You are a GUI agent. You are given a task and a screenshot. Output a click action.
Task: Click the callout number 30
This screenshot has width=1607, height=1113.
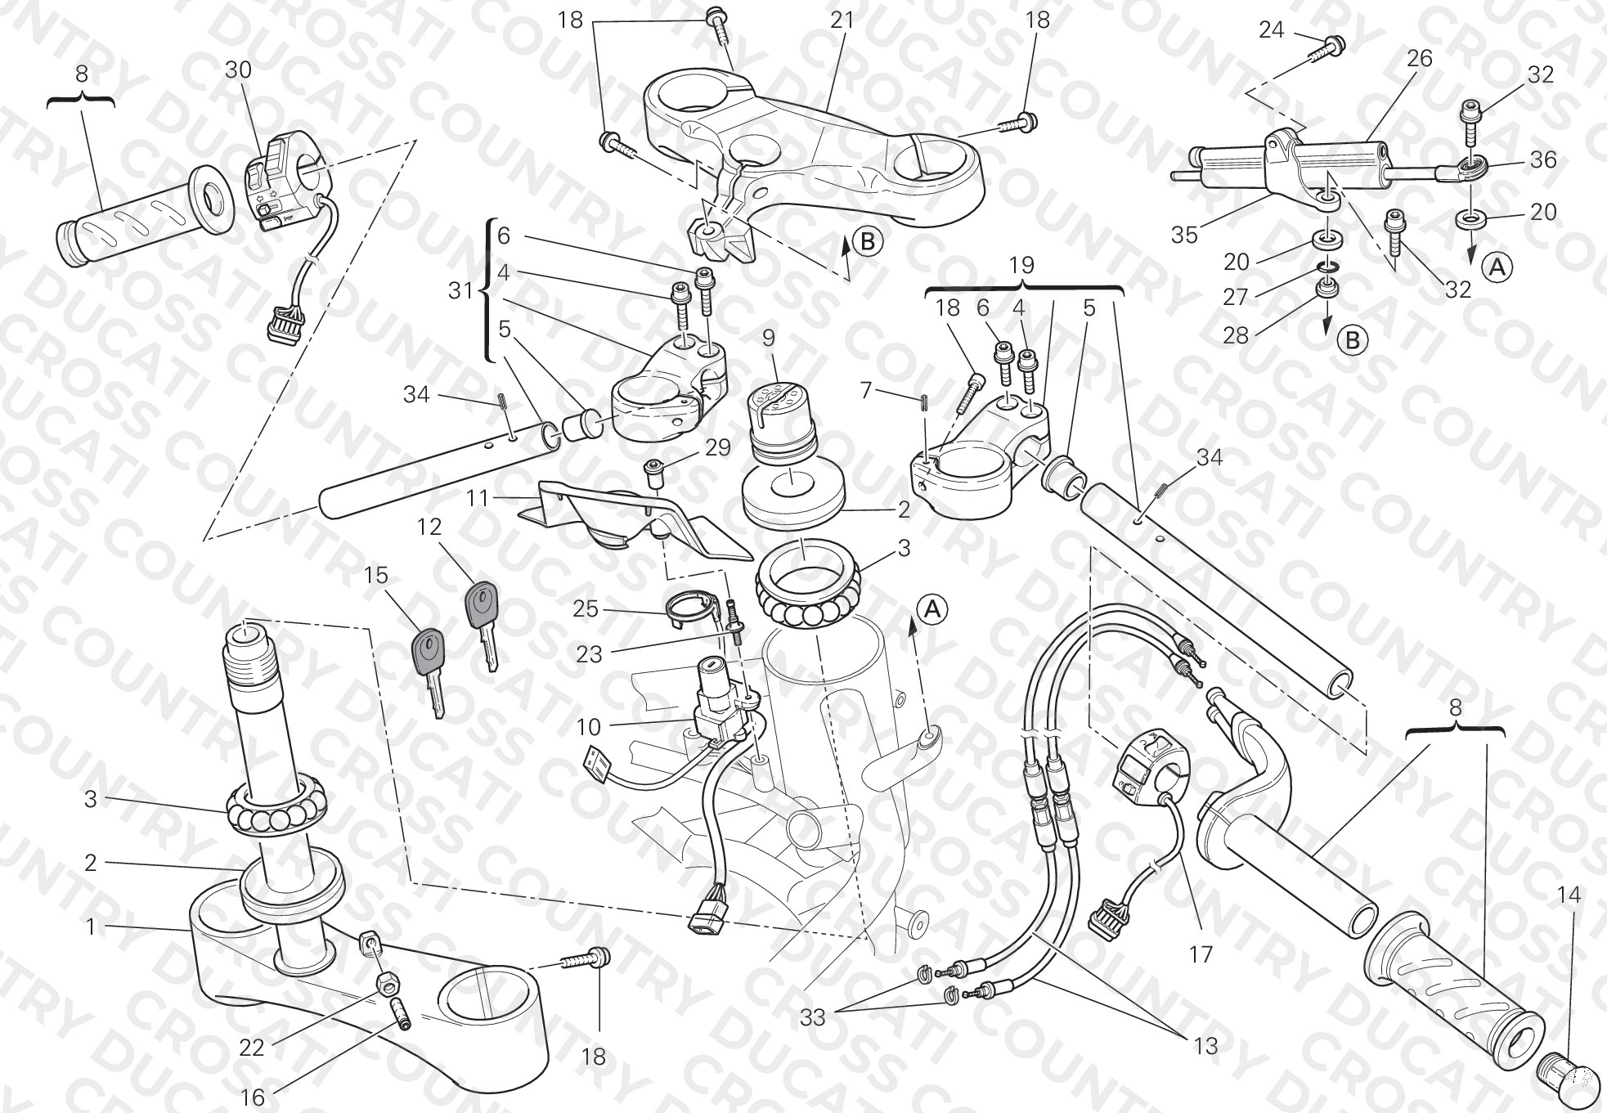pyautogui.click(x=238, y=70)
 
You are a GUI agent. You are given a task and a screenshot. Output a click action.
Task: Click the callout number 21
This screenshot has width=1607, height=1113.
pyautogui.click(x=842, y=20)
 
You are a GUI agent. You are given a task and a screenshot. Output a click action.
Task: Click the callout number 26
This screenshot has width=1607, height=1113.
pyautogui.click(x=1420, y=58)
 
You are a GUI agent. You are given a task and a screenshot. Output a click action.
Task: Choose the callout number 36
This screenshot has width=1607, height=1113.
pyautogui.click(x=1543, y=159)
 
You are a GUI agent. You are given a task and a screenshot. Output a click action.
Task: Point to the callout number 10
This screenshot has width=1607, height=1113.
pyautogui.click(x=588, y=726)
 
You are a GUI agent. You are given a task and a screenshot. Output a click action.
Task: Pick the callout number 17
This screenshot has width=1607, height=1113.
pyautogui.click(x=1201, y=954)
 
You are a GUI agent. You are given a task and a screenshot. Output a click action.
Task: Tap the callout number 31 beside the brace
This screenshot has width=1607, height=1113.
pyautogui.click(x=461, y=289)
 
